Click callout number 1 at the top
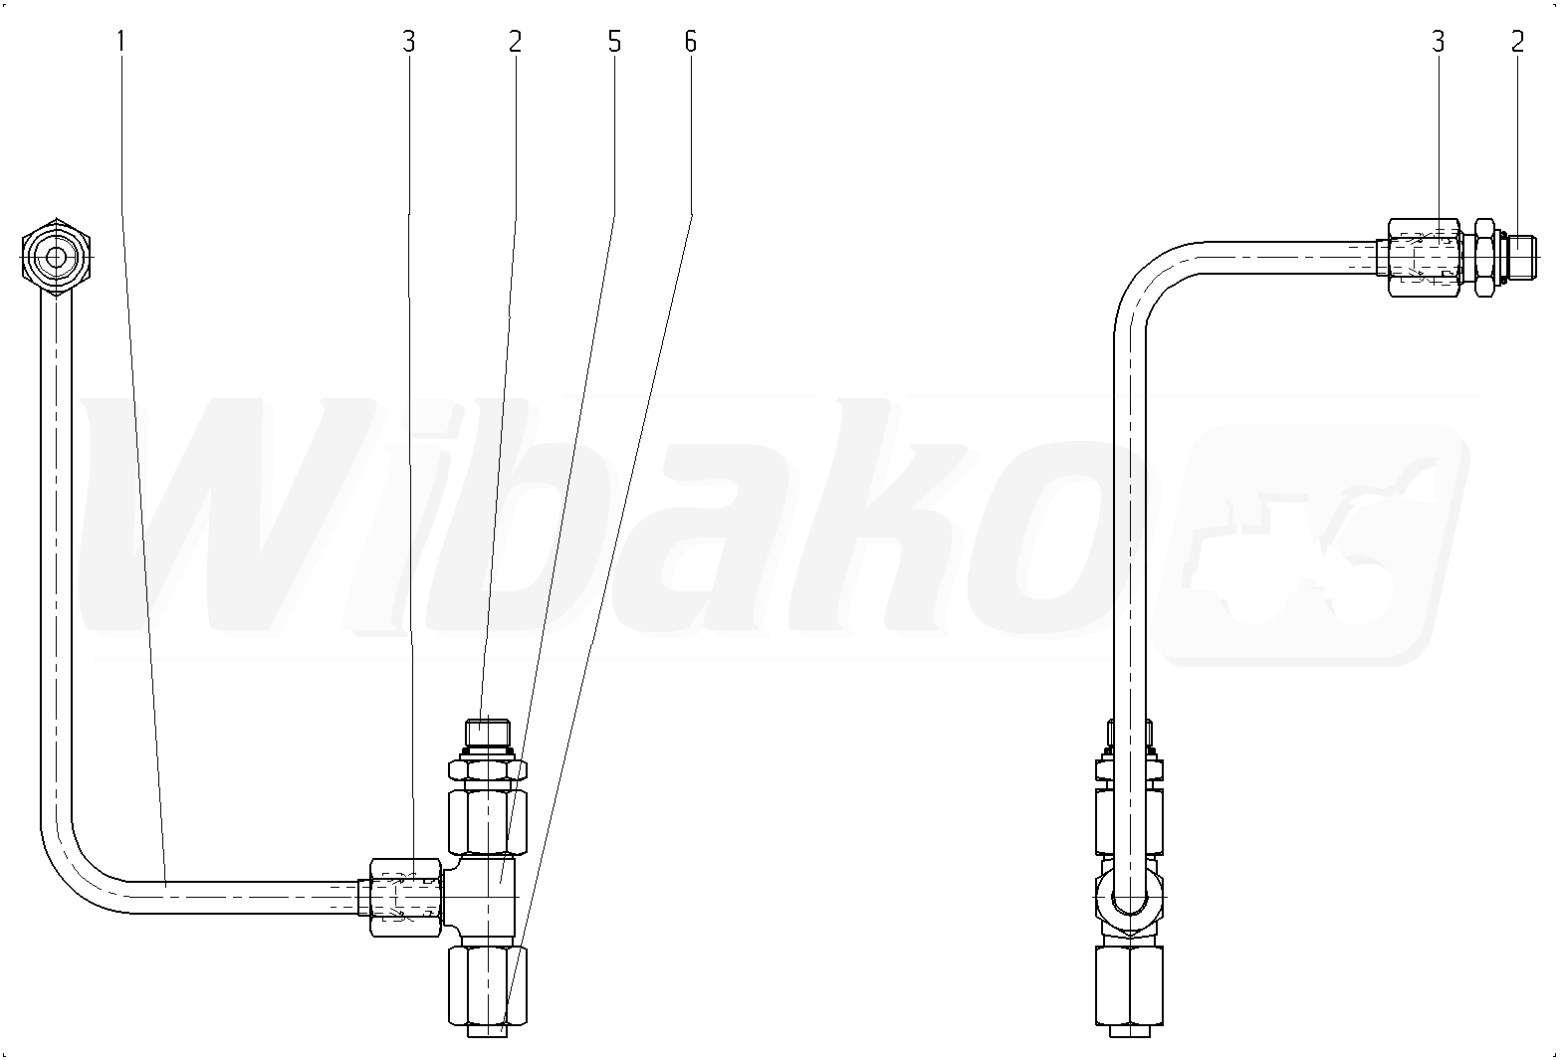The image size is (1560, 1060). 120,42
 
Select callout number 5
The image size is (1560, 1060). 613,42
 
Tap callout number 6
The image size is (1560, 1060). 690,42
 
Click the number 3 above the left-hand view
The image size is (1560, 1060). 409,42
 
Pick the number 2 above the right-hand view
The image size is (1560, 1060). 1517,42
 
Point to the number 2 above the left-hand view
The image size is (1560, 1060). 515,42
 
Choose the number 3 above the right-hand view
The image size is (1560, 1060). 1439,42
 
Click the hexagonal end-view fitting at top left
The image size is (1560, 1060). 57,258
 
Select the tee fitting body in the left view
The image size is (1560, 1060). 482,897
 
